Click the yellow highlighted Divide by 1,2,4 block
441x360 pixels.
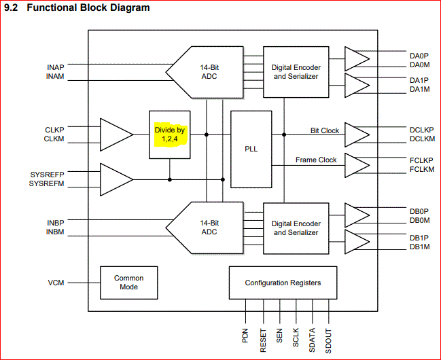click(x=170, y=134)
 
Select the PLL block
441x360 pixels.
click(x=251, y=149)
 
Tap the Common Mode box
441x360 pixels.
click(x=128, y=283)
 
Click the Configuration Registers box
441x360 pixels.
click(x=283, y=283)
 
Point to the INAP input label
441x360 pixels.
click(x=56, y=68)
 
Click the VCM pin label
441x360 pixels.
click(x=56, y=283)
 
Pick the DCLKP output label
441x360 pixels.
click(x=422, y=128)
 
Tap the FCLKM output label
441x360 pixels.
click(x=422, y=170)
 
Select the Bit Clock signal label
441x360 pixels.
click(x=324, y=130)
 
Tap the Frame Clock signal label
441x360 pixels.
click(x=316, y=160)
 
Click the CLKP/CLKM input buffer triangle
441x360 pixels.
click(x=116, y=134)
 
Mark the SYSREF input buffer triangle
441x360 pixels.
click(x=116, y=179)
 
